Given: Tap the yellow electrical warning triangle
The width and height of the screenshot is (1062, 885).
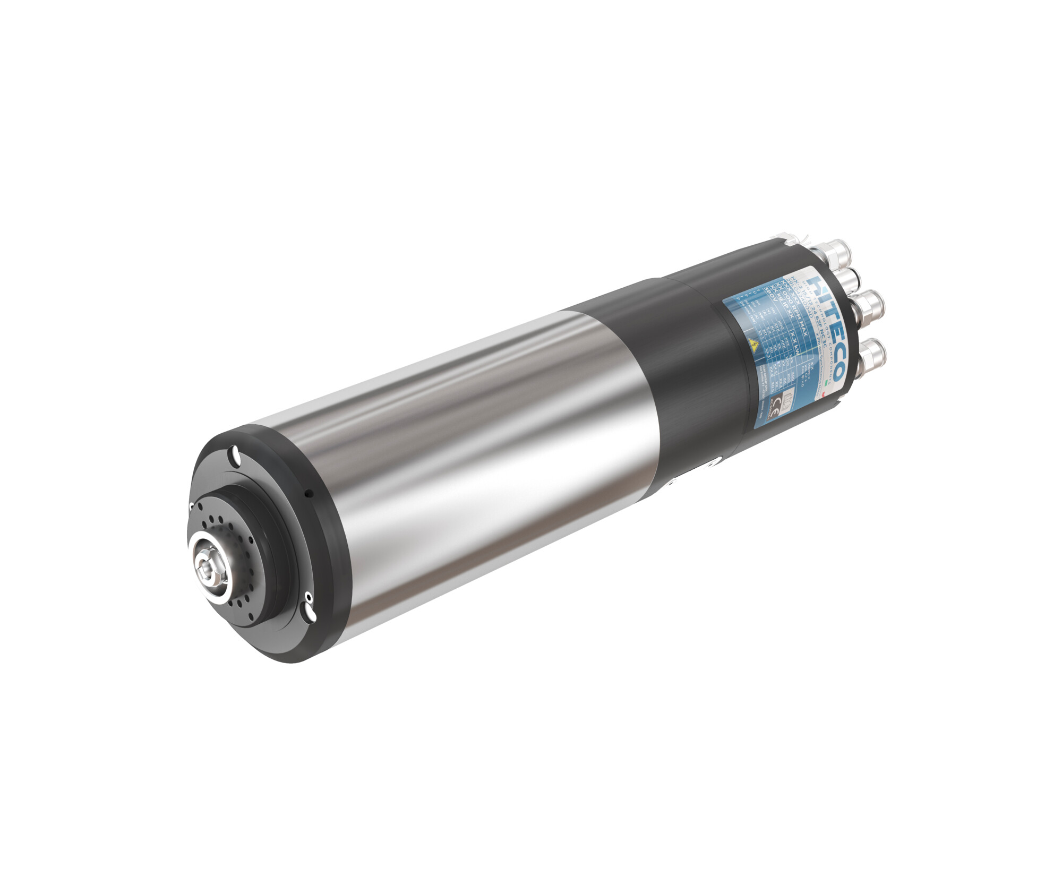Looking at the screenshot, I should coord(754,346).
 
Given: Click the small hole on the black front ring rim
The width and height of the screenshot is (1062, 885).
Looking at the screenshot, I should coord(309,493).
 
